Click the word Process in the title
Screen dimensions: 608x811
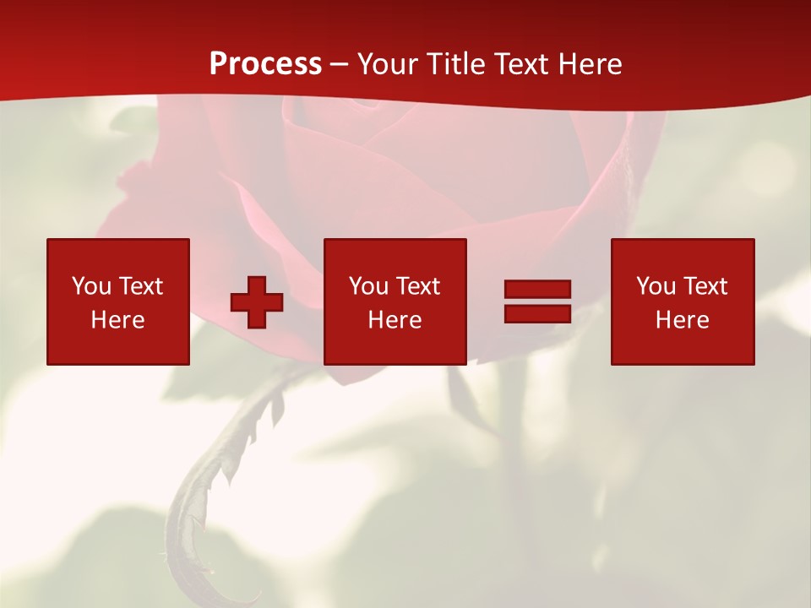pyautogui.click(x=265, y=64)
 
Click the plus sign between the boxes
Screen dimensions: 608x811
pyautogui.click(x=257, y=302)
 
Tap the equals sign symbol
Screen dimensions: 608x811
pyautogui.click(x=537, y=301)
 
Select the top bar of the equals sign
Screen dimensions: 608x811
pyautogui.click(x=537, y=290)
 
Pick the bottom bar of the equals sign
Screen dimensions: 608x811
pyautogui.click(x=537, y=313)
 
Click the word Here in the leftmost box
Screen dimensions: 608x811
pyautogui.click(x=118, y=320)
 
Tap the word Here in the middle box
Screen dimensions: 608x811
pyautogui.click(x=395, y=320)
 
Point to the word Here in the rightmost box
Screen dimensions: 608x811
pyautogui.click(x=683, y=320)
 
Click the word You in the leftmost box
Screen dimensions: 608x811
pyautogui.click(x=91, y=286)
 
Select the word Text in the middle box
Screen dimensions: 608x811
pyautogui.click(x=418, y=286)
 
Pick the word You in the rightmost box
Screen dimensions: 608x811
pyautogui.click(x=656, y=286)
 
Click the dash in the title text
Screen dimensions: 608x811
pyautogui.click(x=340, y=65)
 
